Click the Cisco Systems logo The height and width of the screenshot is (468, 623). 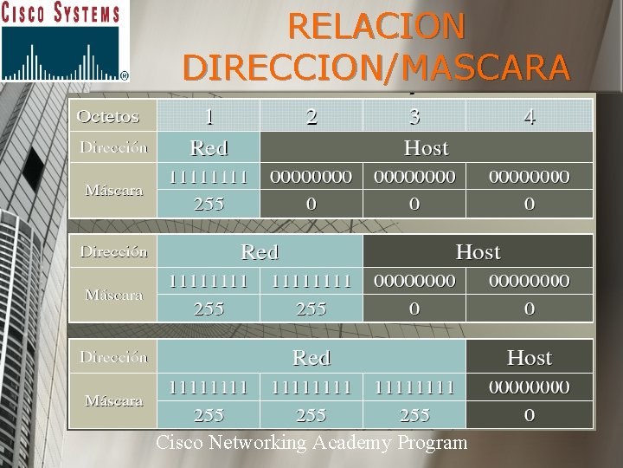(65, 41)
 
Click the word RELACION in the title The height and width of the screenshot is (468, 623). (376, 26)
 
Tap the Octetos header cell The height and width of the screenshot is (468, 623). (108, 115)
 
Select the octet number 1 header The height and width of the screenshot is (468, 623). (209, 116)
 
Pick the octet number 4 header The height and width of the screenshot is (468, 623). (529, 116)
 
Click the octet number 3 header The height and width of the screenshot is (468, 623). (414, 116)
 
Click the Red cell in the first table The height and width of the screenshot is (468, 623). (209, 147)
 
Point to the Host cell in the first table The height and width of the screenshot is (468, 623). (426, 147)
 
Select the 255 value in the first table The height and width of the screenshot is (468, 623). (209, 205)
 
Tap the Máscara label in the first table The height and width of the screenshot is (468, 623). (114, 190)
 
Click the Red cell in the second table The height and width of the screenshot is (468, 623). (260, 252)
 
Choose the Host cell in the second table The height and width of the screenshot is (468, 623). (478, 252)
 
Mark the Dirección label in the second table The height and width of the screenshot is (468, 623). (114, 252)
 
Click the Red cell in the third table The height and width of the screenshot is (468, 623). (311, 357)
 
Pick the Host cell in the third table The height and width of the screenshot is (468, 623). (529, 357)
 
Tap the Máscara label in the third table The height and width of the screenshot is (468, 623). (114, 400)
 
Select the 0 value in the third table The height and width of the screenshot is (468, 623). (529, 415)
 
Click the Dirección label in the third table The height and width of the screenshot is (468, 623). (114, 357)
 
